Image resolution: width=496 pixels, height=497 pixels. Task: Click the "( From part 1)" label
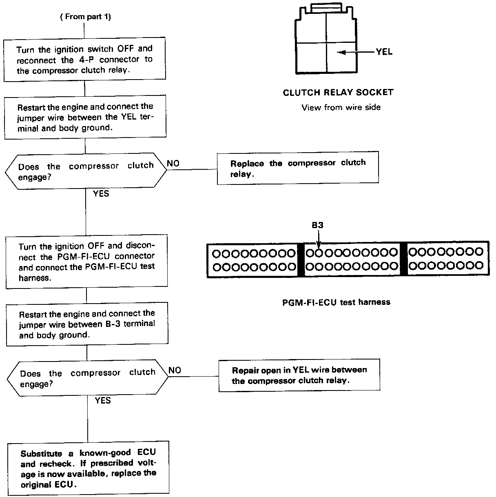(x=85, y=17)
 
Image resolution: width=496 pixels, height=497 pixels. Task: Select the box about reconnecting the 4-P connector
(x=85, y=60)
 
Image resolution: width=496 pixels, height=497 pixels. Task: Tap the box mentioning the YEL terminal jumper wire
(x=85, y=116)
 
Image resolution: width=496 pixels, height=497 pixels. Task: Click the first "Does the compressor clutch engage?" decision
(x=86, y=171)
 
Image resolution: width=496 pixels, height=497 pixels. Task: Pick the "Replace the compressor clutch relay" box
(x=298, y=168)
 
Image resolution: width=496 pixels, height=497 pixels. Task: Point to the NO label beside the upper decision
(x=173, y=164)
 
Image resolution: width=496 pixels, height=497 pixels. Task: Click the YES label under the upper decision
(x=101, y=193)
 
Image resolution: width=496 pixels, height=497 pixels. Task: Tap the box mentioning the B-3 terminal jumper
(x=87, y=324)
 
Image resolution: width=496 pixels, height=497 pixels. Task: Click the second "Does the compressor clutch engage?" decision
(x=87, y=378)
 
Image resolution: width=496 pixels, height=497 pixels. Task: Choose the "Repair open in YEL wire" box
(x=299, y=375)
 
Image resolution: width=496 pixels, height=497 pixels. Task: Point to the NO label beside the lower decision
(x=175, y=371)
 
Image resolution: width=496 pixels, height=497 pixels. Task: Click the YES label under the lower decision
(x=103, y=400)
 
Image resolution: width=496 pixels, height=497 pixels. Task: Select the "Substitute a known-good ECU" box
(x=88, y=468)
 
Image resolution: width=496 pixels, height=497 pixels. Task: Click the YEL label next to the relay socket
(x=384, y=52)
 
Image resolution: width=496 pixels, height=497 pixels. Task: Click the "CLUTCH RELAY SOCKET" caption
(x=338, y=93)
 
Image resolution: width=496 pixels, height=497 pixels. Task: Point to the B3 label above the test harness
(x=318, y=225)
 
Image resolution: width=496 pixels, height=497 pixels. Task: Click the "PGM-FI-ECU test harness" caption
(x=336, y=302)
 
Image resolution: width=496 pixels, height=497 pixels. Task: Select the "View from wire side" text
(x=341, y=107)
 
